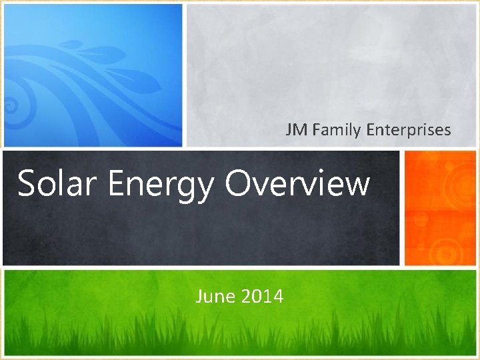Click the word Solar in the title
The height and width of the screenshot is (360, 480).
[56, 183]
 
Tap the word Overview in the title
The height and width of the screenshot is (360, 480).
[297, 183]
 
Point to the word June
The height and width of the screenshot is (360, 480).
[212, 296]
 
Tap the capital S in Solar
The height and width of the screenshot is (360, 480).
[27, 183]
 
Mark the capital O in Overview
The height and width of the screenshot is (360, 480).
[237, 183]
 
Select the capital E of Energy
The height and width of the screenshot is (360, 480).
[115, 183]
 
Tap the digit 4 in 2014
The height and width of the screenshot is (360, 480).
[279, 296]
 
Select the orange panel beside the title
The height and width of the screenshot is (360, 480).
[440, 207]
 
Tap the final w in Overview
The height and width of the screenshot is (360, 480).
[357, 185]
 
